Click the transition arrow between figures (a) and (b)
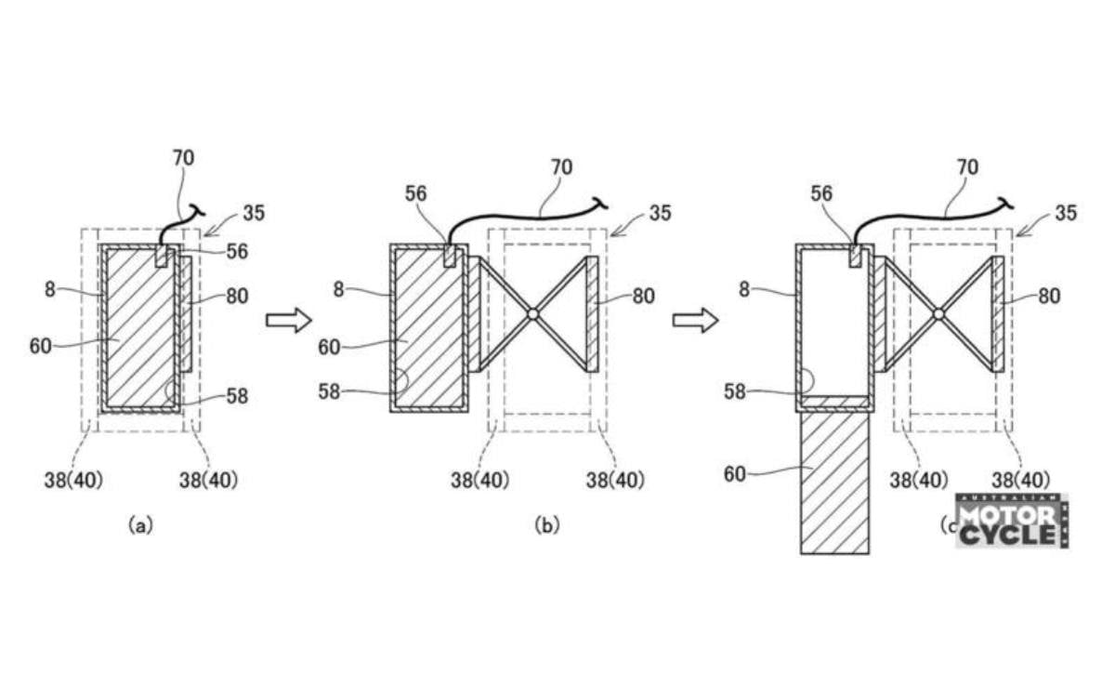(287, 321)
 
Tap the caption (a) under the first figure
(138, 525)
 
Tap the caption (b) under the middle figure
(547, 525)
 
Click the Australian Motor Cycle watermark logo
(1011, 522)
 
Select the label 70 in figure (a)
(183, 158)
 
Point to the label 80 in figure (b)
(643, 297)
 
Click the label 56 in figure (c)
(823, 193)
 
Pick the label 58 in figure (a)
(237, 396)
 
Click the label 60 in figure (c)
(735, 474)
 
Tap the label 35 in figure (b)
(660, 213)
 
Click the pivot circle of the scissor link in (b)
(532, 314)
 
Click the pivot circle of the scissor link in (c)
(938, 314)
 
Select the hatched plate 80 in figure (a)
(185, 314)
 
